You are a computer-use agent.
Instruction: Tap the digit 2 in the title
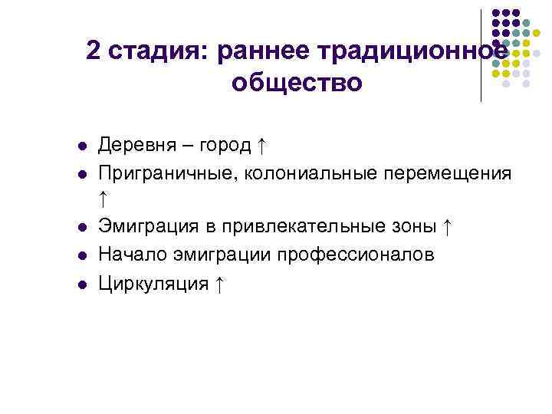tap(93, 51)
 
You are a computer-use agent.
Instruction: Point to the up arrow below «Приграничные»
tap(103, 199)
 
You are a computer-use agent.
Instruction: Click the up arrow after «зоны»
tap(449, 227)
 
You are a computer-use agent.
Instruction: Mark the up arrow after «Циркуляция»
tap(219, 284)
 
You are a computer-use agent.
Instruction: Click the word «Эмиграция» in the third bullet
tap(147, 228)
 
